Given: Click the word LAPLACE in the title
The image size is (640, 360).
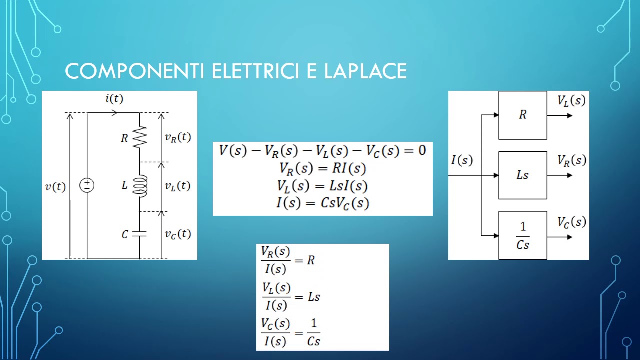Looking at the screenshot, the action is tap(365, 71).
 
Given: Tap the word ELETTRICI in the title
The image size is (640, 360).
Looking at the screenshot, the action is tap(255, 71).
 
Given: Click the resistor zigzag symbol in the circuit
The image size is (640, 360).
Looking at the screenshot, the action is tap(140, 137).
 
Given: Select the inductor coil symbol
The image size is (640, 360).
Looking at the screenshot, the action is tap(140, 186).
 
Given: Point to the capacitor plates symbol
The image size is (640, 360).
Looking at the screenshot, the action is tap(139, 234).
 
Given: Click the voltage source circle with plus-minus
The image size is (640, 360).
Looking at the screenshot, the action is tap(87, 185).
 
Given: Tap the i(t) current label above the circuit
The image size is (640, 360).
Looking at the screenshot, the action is tap(114, 98).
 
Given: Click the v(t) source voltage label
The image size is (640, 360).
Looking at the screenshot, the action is tap(55, 187).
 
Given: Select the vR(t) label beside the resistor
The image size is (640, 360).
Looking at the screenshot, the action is tap(178, 137).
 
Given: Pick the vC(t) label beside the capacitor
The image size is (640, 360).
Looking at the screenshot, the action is tap(178, 234).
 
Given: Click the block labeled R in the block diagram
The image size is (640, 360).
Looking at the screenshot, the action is tap(523, 115).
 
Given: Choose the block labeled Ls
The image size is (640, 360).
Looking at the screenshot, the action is tap(523, 175).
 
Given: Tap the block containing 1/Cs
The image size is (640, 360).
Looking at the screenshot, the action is tap(523, 235).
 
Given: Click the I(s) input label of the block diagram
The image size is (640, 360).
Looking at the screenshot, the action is tap(462, 160).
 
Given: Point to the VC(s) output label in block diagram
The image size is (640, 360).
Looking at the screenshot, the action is tap(571, 222).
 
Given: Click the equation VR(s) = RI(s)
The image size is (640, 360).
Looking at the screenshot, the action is tap(323, 168).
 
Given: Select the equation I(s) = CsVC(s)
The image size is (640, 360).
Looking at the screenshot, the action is tap(323, 203).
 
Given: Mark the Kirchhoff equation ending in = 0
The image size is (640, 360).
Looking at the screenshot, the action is tap(323, 151).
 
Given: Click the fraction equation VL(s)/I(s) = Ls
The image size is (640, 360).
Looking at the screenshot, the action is tap(291, 297).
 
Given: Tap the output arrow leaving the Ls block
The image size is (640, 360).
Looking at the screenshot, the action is tap(560, 175).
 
